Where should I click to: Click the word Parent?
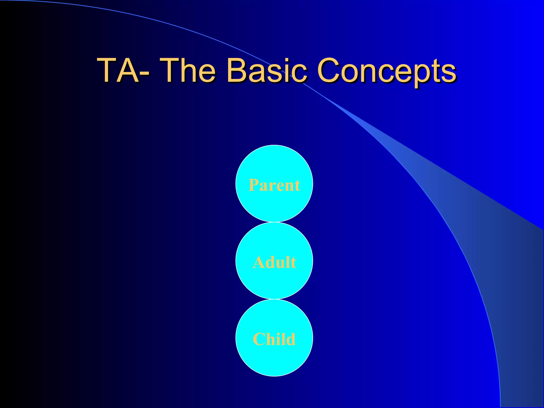tap(274, 185)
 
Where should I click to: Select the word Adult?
tap(274, 262)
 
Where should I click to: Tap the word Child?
tap(274, 339)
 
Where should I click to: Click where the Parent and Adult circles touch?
tap(274, 222)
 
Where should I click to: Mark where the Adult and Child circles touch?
tap(274, 299)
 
